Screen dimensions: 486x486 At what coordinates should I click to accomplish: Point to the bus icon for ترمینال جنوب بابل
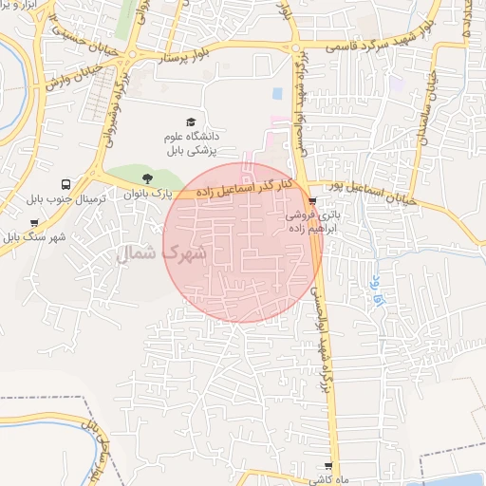point(65,184)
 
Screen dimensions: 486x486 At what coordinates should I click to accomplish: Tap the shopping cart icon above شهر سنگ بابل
point(34,223)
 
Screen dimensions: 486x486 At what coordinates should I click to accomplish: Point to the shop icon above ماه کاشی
point(328,467)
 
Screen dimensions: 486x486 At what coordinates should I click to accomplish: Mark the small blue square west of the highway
point(277,94)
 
